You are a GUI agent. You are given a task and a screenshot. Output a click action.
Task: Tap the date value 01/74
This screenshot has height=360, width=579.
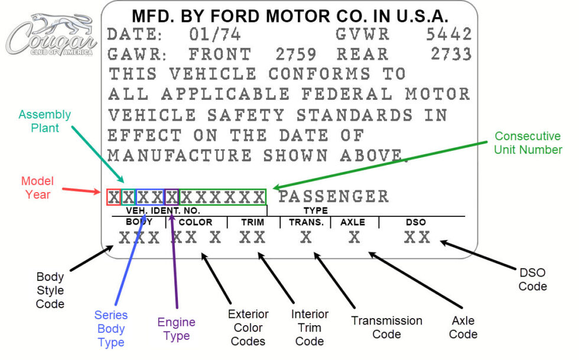(215, 34)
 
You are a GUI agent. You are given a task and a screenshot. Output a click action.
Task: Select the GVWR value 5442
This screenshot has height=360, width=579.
(449, 34)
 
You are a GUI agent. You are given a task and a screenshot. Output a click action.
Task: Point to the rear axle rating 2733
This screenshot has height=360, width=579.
(451, 54)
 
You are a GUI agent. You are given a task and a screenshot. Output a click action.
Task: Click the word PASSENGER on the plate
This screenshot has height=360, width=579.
(333, 196)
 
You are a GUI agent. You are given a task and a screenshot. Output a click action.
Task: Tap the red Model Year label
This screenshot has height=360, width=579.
(37, 187)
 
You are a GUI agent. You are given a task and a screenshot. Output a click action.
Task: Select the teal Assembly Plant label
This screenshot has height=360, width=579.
(44, 121)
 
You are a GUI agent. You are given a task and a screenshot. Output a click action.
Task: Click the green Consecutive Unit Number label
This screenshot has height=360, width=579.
(528, 142)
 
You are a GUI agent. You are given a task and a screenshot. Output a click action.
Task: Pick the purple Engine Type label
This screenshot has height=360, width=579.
(177, 329)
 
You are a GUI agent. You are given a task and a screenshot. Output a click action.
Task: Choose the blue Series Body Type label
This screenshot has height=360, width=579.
(111, 329)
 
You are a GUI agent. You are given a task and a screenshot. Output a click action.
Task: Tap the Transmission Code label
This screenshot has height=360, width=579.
(386, 327)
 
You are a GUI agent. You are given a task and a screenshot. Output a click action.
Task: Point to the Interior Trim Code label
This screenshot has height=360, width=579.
(310, 327)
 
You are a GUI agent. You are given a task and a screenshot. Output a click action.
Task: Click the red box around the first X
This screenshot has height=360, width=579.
(113, 197)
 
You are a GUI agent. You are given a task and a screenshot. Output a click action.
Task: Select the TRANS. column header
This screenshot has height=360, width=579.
(306, 222)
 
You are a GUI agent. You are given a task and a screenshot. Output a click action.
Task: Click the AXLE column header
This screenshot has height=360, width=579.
(353, 222)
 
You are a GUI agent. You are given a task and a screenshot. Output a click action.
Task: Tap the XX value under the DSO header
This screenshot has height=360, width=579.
(417, 238)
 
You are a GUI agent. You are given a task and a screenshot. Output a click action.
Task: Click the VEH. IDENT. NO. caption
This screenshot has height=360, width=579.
(163, 210)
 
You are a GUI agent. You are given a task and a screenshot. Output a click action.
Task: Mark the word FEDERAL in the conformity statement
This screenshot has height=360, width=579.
(347, 94)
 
